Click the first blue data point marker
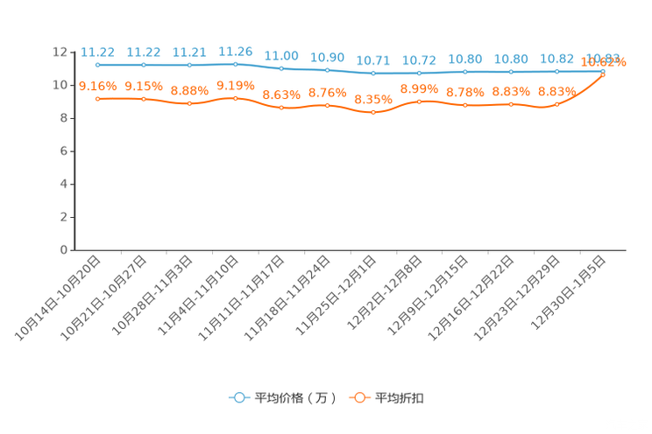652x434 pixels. [x=98, y=65]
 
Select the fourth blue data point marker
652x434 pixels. [x=235, y=64]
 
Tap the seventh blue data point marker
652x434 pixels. [x=373, y=73]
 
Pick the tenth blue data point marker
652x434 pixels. [x=511, y=72]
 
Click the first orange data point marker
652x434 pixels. [x=98, y=98]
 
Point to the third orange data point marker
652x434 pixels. [x=189, y=103]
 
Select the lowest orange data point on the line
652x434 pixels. [x=373, y=112]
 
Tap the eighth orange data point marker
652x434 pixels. [x=420, y=101]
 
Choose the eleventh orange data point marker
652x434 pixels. [x=556, y=104]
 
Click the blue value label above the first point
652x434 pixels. [x=97, y=52]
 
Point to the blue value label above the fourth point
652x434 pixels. [x=235, y=51]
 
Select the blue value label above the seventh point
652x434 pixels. [x=373, y=60]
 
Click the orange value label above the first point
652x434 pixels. [x=98, y=85]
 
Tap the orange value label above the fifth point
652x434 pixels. [x=281, y=94]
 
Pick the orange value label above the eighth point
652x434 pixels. [x=419, y=87]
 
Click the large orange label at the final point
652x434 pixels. [x=605, y=62]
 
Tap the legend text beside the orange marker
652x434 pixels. [x=400, y=398]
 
